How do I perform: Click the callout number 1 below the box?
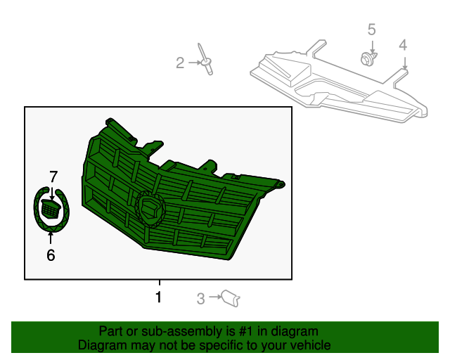click(x=158, y=297)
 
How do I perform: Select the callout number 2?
click(x=180, y=64)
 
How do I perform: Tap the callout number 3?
click(x=200, y=300)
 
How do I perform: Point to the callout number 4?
click(x=403, y=45)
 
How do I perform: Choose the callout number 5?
click(x=371, y=30)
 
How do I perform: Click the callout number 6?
click(x=51, y=255)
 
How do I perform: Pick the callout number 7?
click(x=53, y=176)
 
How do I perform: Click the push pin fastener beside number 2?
click(x=205, y=60)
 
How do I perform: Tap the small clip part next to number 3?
click(x=231, y=299)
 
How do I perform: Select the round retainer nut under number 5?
click(x=368, y=58)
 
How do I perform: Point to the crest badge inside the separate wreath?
click(x=51, y=208)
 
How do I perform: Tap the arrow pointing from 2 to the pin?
click(x=193, y=64)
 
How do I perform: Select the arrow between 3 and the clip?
click(x=213, y=300)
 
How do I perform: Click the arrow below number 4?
click(x=404, y=62)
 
